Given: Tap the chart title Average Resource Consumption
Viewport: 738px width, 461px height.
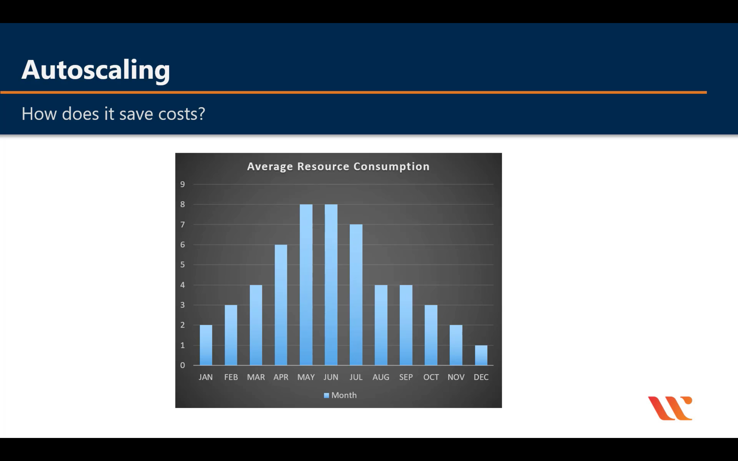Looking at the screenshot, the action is [x=338, y=166].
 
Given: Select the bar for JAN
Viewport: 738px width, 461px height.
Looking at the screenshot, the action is [x=206, y=345].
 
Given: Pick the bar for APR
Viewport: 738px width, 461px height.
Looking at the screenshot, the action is [x=281, y=305].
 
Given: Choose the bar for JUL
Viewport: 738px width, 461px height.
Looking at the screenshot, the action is [x=356, y=295].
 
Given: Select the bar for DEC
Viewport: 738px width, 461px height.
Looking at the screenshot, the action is [x=481, y=355].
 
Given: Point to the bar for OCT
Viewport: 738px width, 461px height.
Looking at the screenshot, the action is [x=431, y=335].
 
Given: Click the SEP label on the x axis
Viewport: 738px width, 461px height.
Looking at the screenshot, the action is [x=406, y=377].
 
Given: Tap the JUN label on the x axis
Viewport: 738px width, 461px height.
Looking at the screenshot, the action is [x=331, y=377].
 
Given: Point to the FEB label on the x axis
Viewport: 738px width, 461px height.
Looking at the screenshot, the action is [x=231, y=377].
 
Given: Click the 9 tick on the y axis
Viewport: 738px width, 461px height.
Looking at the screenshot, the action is [x=182, y=184].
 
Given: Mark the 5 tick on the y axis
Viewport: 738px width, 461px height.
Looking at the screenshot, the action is [x=182, y=265].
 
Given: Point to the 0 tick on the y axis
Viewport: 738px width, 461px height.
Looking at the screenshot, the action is [x=182, y=365].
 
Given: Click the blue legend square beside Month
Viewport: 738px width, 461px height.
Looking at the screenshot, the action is [x=326, y=395].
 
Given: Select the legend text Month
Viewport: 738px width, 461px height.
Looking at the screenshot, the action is [x=344, y=395].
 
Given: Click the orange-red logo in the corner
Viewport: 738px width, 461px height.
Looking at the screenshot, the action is [x=670, y=408].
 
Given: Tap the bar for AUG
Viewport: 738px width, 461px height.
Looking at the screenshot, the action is [x=381, y=325].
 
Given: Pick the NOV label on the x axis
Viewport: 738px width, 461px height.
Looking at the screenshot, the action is [x=456, y=377].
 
